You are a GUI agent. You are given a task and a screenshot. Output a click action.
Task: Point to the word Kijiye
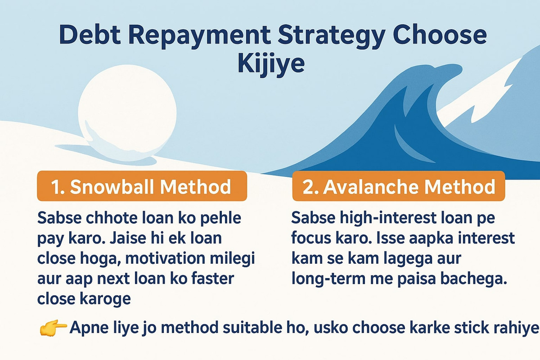point(271,64)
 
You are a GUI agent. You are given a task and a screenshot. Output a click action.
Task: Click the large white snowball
point(127,113)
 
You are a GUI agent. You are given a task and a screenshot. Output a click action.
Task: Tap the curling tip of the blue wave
point(453,69)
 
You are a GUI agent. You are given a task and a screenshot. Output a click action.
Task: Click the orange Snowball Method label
point(142,186)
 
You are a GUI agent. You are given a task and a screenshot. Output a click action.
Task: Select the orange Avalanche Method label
point(399,186)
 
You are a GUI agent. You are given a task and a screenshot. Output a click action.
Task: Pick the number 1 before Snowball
point(55,187)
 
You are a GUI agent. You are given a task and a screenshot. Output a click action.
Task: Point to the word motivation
point(165,258)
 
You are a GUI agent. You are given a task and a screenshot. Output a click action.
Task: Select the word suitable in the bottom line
point(252,328)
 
